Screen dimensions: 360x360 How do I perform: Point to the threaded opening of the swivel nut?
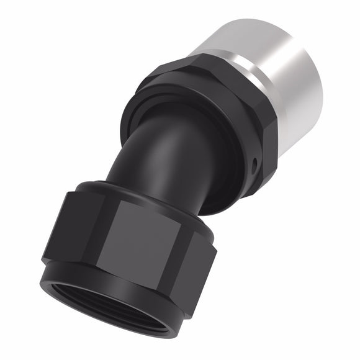130,310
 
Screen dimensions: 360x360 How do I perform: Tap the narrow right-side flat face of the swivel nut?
205,248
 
